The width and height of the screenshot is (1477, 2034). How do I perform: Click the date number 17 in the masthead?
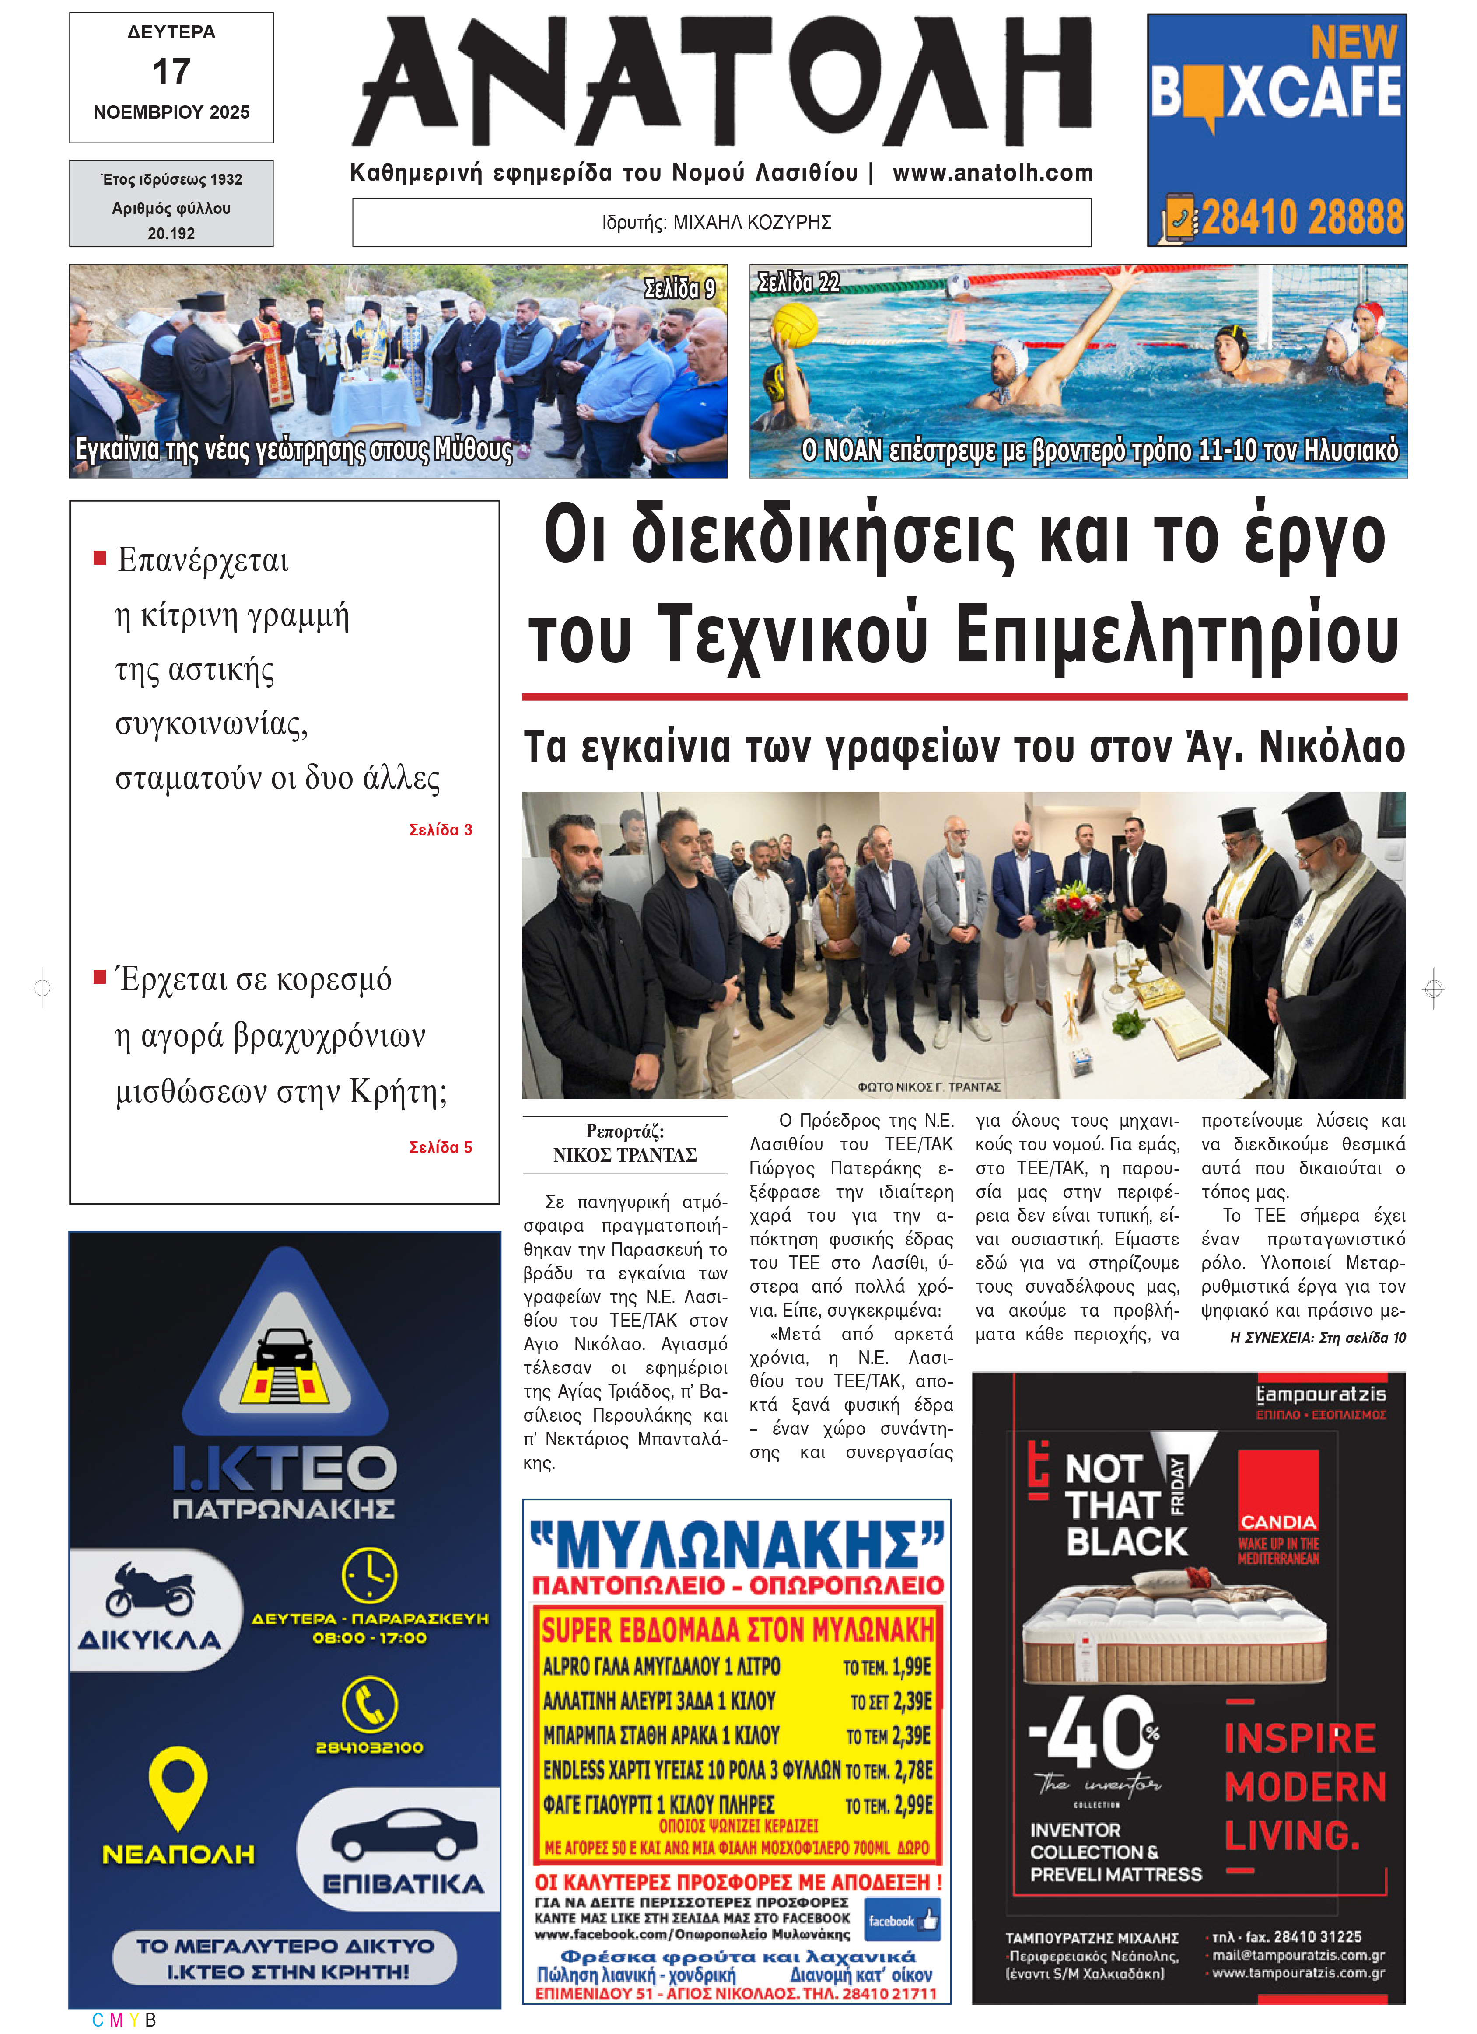pos(171,72)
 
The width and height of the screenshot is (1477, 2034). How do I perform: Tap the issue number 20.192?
pos(171,233)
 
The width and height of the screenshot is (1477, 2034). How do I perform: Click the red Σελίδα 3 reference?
pos(440,829)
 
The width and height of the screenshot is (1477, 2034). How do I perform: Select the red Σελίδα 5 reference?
pos(440,1147)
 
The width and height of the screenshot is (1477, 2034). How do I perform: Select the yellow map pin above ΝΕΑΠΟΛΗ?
pos(178,1785)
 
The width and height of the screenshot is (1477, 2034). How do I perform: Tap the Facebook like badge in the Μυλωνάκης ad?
pos(902,1921)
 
